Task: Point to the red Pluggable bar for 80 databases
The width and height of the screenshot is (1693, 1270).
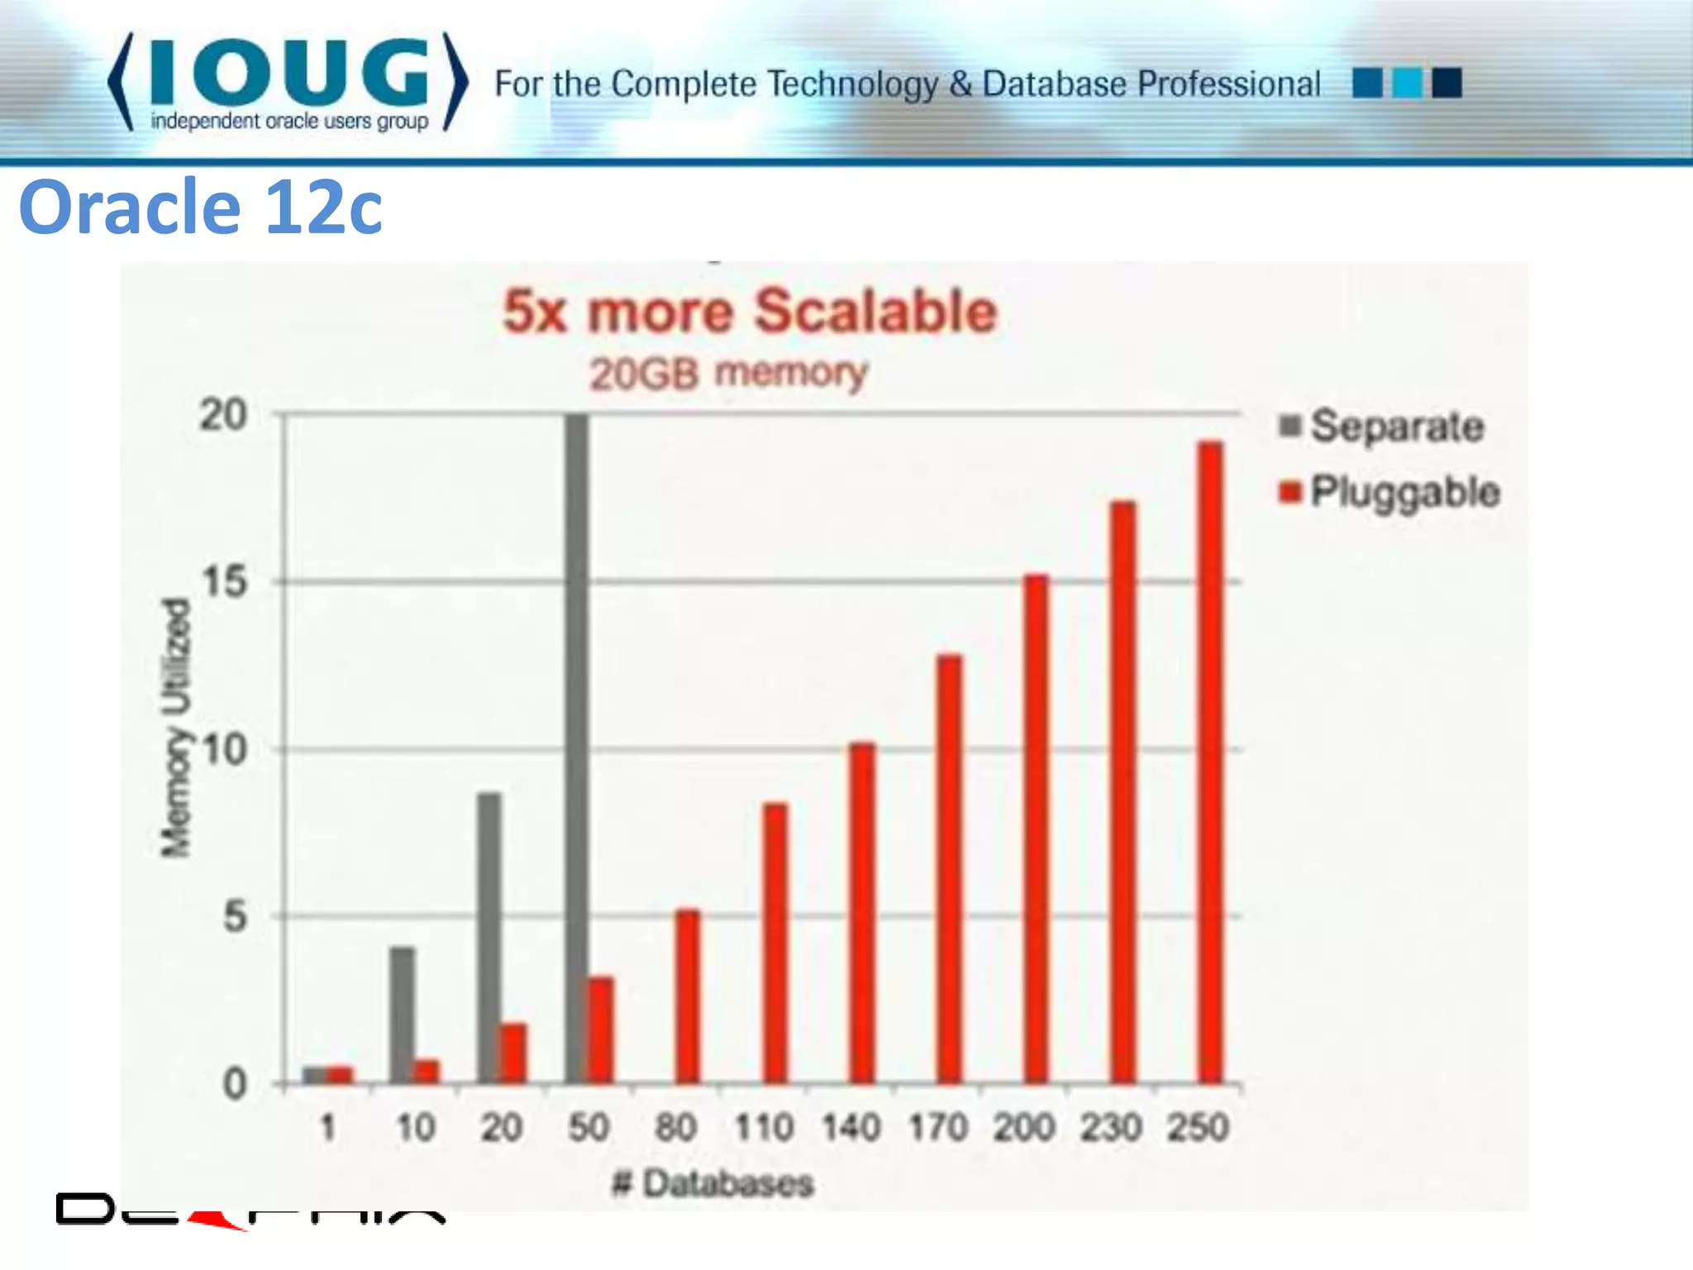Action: (687, 995)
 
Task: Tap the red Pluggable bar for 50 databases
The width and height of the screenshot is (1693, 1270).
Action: (601, 1029)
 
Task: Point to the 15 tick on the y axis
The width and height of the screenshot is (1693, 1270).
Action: (224, 582)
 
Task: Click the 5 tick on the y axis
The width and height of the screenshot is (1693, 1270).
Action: (235, 917)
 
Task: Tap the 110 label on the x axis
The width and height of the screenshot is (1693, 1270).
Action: (764, 1127)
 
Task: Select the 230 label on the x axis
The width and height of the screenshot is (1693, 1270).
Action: (1111, 1127)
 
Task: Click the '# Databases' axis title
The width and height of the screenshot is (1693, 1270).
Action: (713, 1183)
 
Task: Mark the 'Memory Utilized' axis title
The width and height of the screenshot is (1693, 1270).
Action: (175, 728)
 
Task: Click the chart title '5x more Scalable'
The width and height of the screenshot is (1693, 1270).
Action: (750, 312)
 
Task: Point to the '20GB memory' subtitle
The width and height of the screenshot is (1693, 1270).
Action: (728, 373)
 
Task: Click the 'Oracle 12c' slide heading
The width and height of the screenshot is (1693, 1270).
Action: (200, 207)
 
